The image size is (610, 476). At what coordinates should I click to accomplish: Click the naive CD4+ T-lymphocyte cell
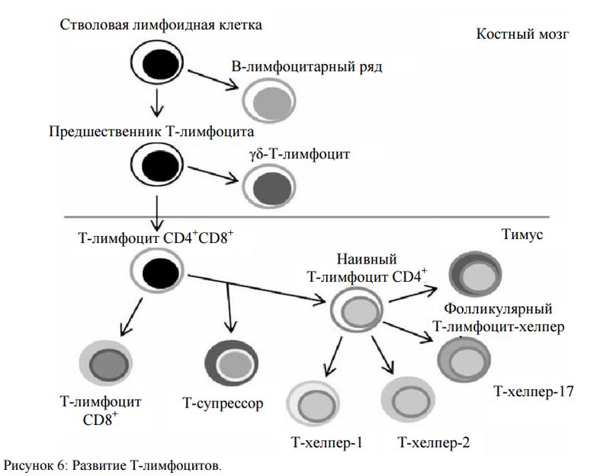355,311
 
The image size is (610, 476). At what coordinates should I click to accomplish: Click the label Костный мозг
522,35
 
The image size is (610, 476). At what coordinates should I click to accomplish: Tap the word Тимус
522,235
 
